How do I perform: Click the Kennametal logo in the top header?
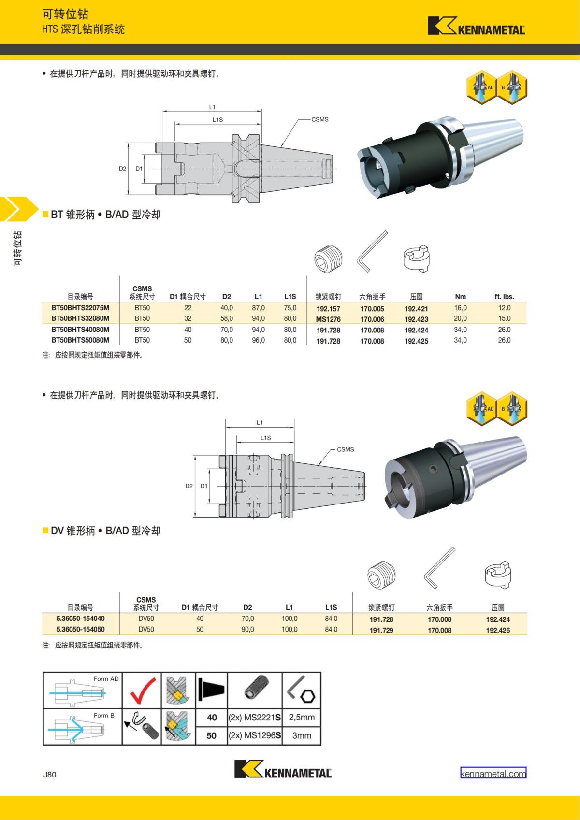click(476, 27)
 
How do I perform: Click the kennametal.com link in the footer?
click(493, 773)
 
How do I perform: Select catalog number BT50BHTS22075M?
click(80, 308)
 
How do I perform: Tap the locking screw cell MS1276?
click(328, 319)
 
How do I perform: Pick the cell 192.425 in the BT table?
click(416, 341)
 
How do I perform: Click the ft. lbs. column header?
click(504, 297)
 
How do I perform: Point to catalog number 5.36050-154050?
click(80, 629)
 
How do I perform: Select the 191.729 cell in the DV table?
click(381, 630)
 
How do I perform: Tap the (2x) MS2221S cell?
click(254, 718)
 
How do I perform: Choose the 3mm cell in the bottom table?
click(302, 735)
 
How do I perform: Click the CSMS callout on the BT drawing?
click(319, 119)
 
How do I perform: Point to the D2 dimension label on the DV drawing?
click(189, 486)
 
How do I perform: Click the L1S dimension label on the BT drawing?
click(217, 119)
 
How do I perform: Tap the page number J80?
click(50, 774)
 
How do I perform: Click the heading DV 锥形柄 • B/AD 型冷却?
click(105, 531)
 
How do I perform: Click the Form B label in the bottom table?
click(104, 715)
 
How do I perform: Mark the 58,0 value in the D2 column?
click(227, 318)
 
